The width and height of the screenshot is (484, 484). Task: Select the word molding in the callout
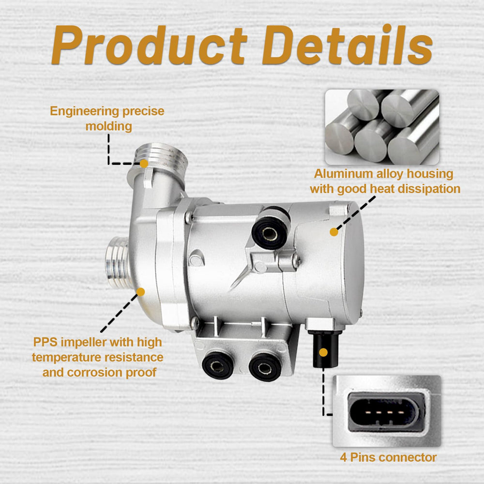(x=108, y=126)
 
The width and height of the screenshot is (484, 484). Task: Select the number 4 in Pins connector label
(x=343, y=457)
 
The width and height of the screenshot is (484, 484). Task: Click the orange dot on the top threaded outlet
(x=144, y=164)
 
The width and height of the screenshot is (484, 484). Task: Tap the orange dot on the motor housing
(x=334, y=232)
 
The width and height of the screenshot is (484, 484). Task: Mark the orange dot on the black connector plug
(x=323, y=352)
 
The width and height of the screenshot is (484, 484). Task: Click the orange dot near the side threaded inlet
(x=141, y=292)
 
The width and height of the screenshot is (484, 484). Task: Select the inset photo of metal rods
(x=382, y=127)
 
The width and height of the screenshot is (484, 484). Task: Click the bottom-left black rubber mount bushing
(x=217, y=365)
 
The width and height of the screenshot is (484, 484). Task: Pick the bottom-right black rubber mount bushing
(x=265, y=367)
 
